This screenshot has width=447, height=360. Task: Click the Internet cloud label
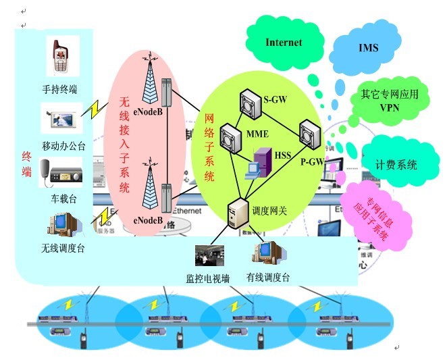pyautogui.click(x=284, y=42)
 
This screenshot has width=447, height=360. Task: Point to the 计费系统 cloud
pyautogui.click(x=396, y=164)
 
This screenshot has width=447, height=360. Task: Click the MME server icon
pyautogui.click(x=230, y=138)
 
